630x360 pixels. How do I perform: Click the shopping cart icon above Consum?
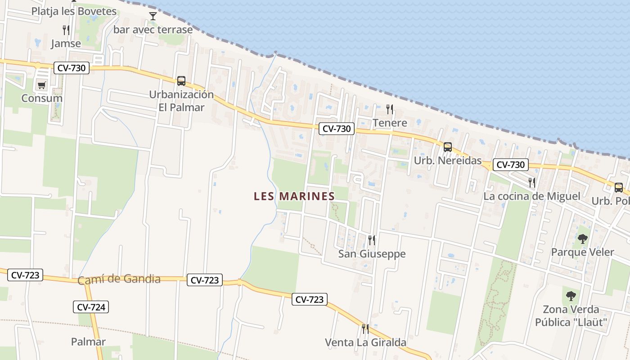[x=42, y=85]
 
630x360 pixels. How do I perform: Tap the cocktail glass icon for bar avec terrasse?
[x=153, y=17]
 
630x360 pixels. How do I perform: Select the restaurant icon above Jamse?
[x=66, y=30]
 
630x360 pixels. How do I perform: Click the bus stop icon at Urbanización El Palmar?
[x=181, y=81]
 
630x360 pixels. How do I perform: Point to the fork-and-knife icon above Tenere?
[x=390, y=109]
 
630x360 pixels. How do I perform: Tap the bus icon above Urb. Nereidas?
[x=447, y=147]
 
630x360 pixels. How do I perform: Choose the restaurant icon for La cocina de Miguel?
[x=532, y=182]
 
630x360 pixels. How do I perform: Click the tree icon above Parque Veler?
[x=583, y=239]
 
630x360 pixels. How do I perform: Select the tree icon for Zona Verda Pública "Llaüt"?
[x=571, y=296]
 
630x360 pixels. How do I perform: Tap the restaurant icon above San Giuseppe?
[x=372, y=240]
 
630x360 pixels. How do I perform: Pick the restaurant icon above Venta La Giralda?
[x=365, y=329]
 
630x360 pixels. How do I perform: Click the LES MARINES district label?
[x=294, y=196]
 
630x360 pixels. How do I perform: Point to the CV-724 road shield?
[x=91, y=307]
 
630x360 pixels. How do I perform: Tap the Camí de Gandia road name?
[x=119, y=279]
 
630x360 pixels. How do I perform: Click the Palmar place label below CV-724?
[x=88, y=342]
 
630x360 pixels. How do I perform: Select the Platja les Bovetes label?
[x=74, y=11]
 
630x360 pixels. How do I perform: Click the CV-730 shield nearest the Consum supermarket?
[x=72, y=68]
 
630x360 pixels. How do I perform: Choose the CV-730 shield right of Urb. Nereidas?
[x=510, y=165]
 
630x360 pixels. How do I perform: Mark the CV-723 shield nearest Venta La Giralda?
[x=309, y=299]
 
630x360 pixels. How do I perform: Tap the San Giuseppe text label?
[x=372, y=254]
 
